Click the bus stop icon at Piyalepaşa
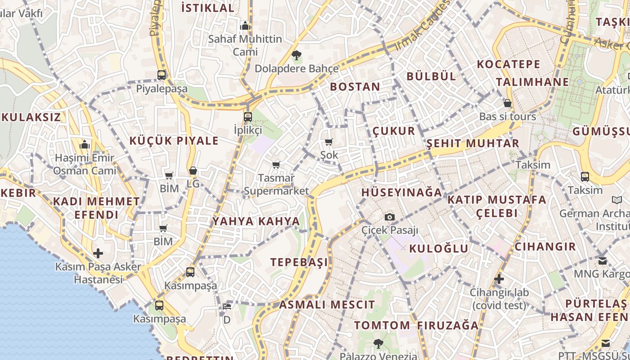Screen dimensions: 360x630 (x=162, y=75)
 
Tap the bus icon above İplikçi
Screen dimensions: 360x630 (x=247, y=117)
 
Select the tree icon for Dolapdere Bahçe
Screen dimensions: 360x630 (x=296, y=56)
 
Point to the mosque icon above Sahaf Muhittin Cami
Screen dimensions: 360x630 (x=245, y=26)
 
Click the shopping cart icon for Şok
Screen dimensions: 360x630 (x=329, y=142)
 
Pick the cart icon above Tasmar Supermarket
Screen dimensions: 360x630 (x=276, y=165)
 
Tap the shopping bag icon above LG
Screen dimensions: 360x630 (x=193, y=171)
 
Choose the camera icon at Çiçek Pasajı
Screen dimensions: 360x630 (x=390, y=217)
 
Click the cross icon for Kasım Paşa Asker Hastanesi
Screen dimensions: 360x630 (x=98, y=253)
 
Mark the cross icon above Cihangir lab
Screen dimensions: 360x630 (x=499, y=279)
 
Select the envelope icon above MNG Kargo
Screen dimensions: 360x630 (x=603, y=261)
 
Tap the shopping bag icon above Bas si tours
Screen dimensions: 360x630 (x=508, y=103)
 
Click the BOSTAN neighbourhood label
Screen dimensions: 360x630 (x=355, y=86)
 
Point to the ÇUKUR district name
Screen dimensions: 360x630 (x=394, y=131)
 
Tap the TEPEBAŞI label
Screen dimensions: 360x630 (x=299, y=262)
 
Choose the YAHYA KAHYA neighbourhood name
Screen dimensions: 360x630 (x=256, y=221)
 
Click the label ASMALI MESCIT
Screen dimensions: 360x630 (x=327, y=305)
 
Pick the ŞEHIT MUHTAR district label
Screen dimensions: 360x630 (x=472, y=144)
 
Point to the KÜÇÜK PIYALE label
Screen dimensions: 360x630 (x=174, y=141)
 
